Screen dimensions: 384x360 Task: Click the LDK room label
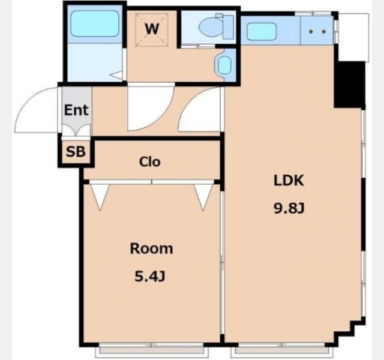coord(289,181)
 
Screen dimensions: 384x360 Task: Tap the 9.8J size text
coord(289,209)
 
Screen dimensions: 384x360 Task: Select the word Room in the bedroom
coord(151,248)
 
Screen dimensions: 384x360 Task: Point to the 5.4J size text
coord(150,277)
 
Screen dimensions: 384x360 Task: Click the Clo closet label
coord(150,161)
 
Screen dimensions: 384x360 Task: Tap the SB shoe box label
coord(76,152)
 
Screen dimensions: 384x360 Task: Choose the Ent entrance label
coord(76,110)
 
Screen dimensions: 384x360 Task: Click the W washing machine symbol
coord(152,30)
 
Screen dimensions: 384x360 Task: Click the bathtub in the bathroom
coord(95,23)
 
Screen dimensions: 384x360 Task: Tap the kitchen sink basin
coord(262,31)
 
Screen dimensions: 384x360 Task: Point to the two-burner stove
coord(317,31)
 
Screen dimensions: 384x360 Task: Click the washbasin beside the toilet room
coord(224,65)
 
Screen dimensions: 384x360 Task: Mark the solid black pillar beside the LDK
coord(350,85)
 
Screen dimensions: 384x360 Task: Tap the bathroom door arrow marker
coord(116,75)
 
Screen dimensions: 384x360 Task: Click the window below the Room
coord(151,348)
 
